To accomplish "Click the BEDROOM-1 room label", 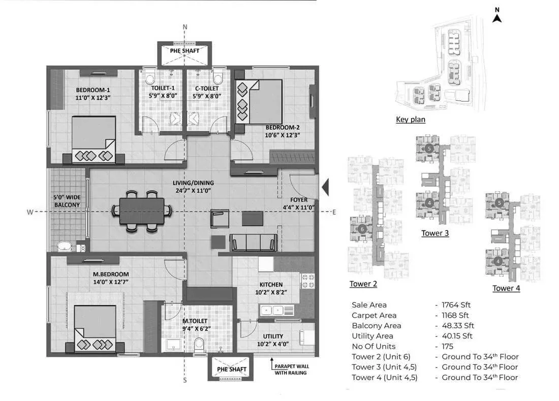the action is coord(93,90).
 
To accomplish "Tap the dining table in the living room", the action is coord(142,211).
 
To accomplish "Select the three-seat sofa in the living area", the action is coord(254,243).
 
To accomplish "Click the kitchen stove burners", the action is coord(307,281).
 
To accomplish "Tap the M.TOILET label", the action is coord(195,321).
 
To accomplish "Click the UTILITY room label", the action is coord(273,336).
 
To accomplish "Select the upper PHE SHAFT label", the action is coord(184,51).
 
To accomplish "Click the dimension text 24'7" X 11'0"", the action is coord(193,191).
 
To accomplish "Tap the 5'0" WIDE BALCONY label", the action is coord(67,201).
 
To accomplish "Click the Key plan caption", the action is coord(411,119).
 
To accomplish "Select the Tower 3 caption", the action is coord(435,233).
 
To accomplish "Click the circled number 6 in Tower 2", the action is coord(362,229).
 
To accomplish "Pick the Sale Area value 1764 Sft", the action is coord(456,305).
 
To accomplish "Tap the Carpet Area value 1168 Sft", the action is coord(455,316).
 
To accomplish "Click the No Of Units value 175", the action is coord(447,347).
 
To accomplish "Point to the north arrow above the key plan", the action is coord(498,15).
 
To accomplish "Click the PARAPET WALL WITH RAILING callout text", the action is coord(291,369).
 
